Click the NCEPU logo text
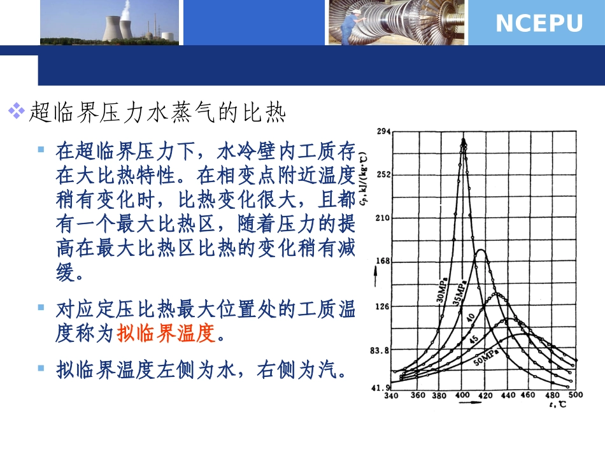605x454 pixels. (539, 24)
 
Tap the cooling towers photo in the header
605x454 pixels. (108, 22)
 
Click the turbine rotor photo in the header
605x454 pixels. (397, 22)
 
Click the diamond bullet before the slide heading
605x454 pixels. (16, 112)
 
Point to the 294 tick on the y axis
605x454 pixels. (382, 132)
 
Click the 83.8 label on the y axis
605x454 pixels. (380, 350)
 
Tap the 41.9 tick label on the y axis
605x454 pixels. (380, 387)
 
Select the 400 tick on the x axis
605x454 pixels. (464, 395)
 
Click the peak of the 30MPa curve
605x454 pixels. (464, 139)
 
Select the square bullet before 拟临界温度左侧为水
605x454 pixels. (41, 367)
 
